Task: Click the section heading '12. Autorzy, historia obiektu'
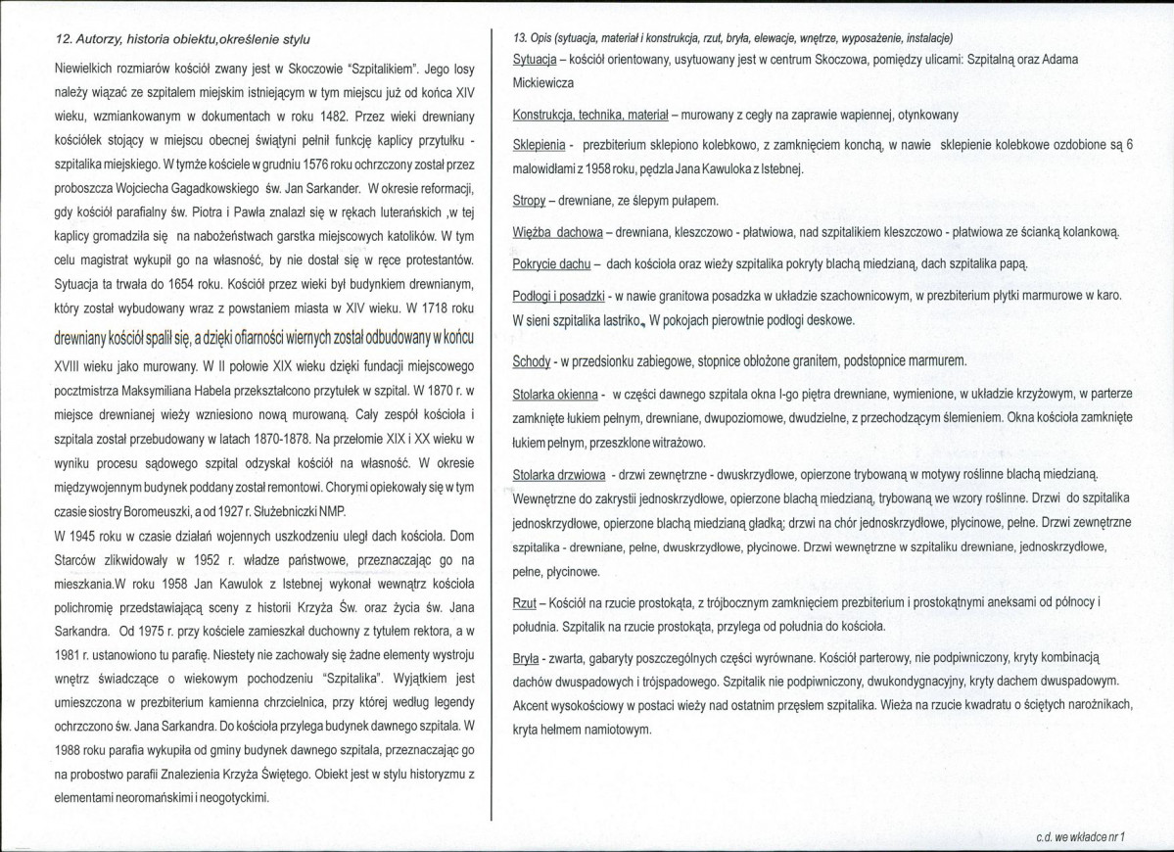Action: (181, 39)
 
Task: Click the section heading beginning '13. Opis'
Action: (733, 38)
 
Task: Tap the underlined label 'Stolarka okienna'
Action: (555, 395)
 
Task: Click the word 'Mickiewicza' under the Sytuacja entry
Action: (543, 83)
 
